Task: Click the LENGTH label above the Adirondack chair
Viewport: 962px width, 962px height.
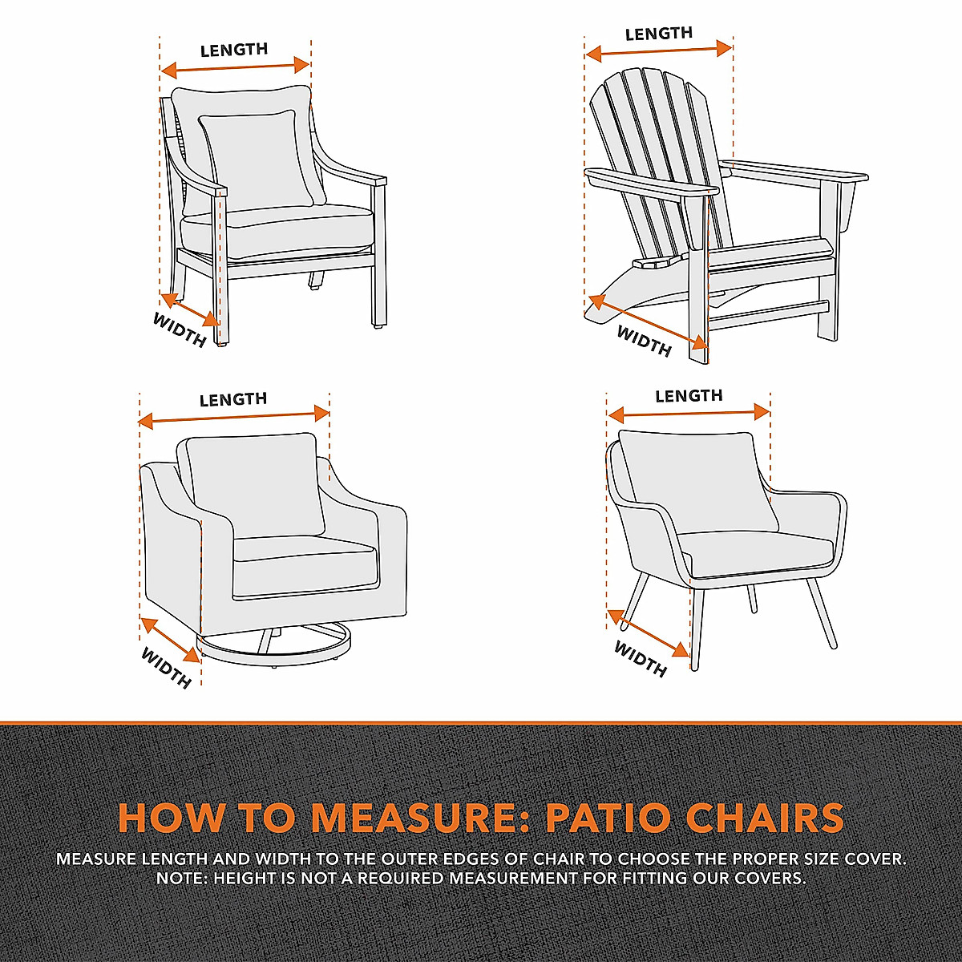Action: point(658,34)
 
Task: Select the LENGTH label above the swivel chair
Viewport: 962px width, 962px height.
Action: point(233,399)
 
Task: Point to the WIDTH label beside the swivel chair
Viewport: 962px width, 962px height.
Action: point(166,667)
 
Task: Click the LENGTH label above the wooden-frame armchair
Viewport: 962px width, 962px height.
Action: point(234,51)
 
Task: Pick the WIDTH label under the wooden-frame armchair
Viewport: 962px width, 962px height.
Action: point(180,329)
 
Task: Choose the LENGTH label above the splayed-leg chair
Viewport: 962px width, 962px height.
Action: point(689,396)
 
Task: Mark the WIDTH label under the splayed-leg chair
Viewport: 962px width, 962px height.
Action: point(641,658)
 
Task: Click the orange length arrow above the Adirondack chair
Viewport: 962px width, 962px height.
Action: point(658,51)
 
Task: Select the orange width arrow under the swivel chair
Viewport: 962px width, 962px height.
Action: point(170,639)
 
